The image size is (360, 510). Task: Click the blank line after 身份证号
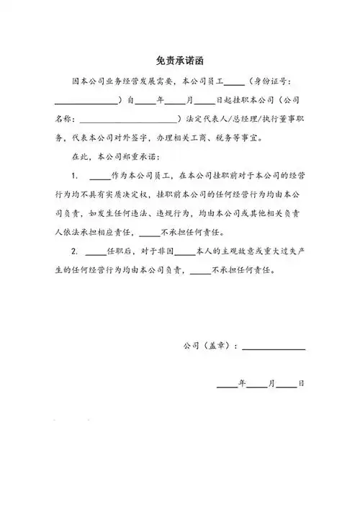point(85,102)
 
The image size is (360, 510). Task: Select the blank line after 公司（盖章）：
point(274,347)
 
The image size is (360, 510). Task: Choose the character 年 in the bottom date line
point(243,384)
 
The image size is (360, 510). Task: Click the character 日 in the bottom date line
point(301,384)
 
